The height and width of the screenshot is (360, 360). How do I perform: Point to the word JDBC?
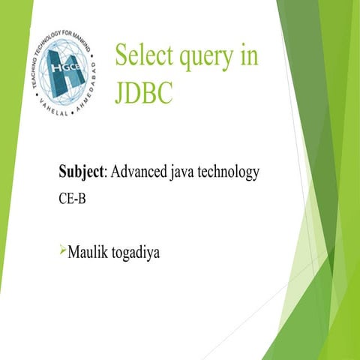pos(145,94)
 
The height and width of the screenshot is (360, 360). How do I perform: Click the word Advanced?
pos(140,172)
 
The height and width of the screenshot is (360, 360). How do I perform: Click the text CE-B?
pos(71,201)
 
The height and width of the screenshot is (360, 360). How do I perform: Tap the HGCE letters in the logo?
pos(65,66)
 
